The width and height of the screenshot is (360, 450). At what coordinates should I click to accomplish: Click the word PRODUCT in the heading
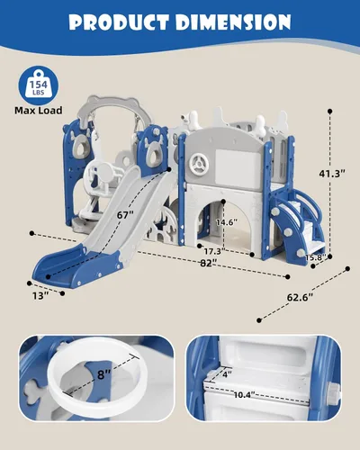pos(119,22)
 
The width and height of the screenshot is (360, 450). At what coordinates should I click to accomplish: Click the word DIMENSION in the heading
pos(234,22)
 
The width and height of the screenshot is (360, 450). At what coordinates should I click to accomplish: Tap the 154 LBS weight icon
pos(39,85)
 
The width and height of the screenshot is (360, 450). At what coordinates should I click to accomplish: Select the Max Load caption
pos(39,111)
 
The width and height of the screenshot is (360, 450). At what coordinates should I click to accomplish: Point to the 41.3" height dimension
pos(332,174)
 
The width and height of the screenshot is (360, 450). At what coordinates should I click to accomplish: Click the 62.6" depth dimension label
pos(300,297)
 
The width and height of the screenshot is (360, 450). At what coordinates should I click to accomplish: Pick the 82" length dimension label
pos(209,263)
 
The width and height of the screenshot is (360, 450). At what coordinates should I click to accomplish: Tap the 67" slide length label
pos(125,215)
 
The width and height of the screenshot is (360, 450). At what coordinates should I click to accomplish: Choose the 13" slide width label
pos(40,296)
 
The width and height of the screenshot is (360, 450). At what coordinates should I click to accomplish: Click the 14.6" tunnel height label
pos(227,222)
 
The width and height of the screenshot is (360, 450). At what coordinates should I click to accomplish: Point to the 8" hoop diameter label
pos(104,374)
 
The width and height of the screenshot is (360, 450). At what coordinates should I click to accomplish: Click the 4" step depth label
pos(227,373)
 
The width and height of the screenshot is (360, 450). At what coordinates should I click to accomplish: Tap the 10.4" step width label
pos(244,395)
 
